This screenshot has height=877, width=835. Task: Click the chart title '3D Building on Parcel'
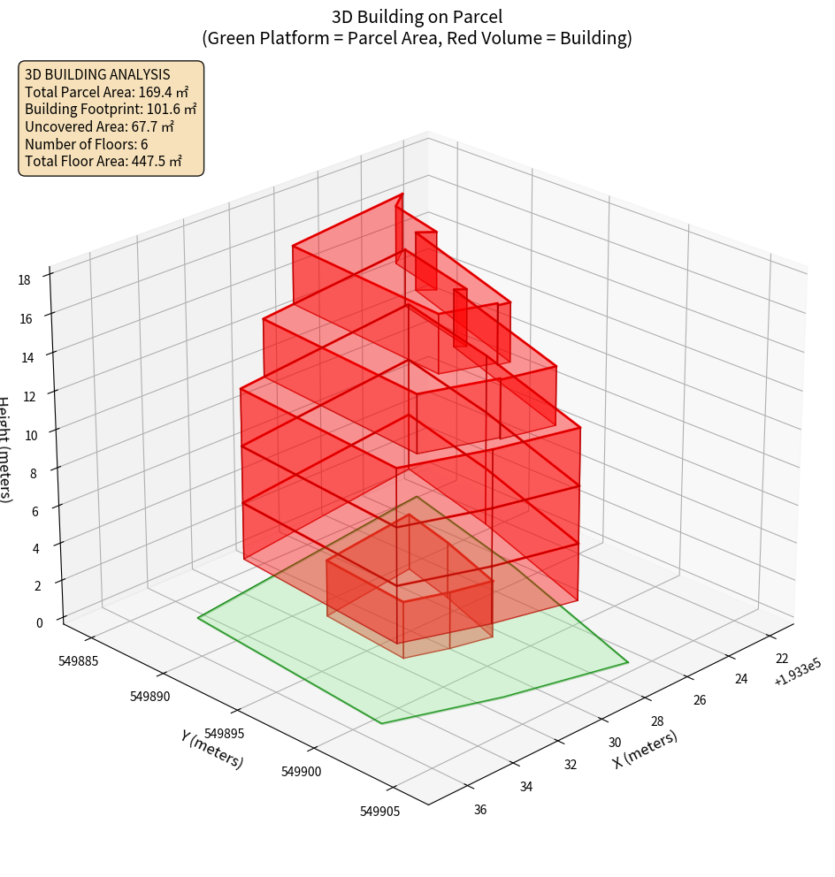[x=417, y=16]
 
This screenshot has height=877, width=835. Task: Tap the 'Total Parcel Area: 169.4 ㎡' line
[x=107, y=91]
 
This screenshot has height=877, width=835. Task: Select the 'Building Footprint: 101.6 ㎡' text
[x=111, y=109]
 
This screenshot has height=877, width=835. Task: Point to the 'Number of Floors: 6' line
[x=87, y=144]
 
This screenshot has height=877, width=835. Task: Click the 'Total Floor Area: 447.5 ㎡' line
[x=103, y=161]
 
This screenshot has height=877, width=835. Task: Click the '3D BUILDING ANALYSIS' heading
[x=97, y=74]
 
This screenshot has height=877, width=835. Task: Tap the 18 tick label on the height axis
[x=24, y=280]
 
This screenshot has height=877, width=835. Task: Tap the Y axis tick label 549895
[x=225, y=734]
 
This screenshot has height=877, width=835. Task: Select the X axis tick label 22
[x=782, y=659]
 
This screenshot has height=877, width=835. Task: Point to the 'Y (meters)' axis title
[x=211, y=749]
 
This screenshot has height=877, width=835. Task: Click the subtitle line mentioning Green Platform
[x=417, y=38]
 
